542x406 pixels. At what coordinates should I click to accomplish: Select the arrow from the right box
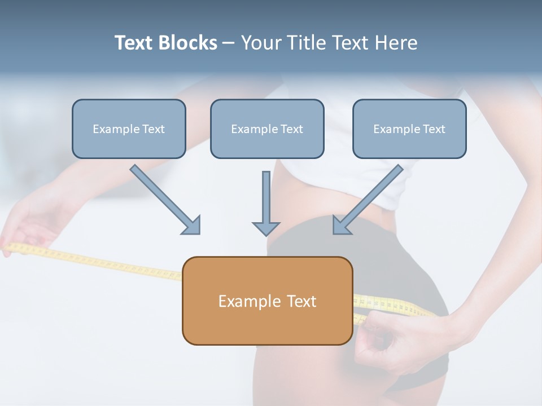click(373, 195)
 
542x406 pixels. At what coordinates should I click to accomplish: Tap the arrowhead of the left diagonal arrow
click(192, 226)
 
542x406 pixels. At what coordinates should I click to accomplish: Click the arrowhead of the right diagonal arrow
click(341, 226)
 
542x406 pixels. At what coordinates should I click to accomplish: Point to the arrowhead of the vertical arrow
click(266, 228)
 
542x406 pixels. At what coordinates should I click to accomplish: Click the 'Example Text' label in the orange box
click(267, 301)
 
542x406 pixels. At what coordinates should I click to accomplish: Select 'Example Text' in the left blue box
click(129, 129)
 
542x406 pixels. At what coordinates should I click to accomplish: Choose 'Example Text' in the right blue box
click(409, 129)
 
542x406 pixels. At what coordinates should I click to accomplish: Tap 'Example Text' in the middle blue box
click(267, 129)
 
